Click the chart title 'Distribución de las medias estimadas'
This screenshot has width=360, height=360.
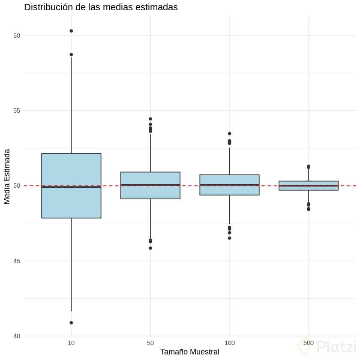(101, 7)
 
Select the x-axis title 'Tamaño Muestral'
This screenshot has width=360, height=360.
(190, 352)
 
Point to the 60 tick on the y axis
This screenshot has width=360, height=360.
(17, 36)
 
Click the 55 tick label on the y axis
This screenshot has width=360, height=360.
(17, 111)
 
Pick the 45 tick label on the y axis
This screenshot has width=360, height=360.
(17, 261)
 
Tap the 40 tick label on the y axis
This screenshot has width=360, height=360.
(17, 336)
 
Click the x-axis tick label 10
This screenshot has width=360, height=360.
(71, 344)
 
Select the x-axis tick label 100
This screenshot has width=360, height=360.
(229, 344)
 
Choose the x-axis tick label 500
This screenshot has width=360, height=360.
(309, 344)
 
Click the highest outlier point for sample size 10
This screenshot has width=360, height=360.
(71, 31)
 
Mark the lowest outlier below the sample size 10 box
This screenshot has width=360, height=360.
(71, 323)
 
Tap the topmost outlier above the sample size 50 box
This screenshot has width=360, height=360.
(150, 119)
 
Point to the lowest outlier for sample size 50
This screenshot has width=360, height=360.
(150, 248)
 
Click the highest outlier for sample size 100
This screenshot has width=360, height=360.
(229, 134)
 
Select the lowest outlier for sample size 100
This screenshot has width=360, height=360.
(229, 238)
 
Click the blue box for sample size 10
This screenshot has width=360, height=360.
(71, 171)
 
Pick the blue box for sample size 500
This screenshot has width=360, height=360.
(309, 183)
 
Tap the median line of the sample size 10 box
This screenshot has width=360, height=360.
(71, 187)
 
